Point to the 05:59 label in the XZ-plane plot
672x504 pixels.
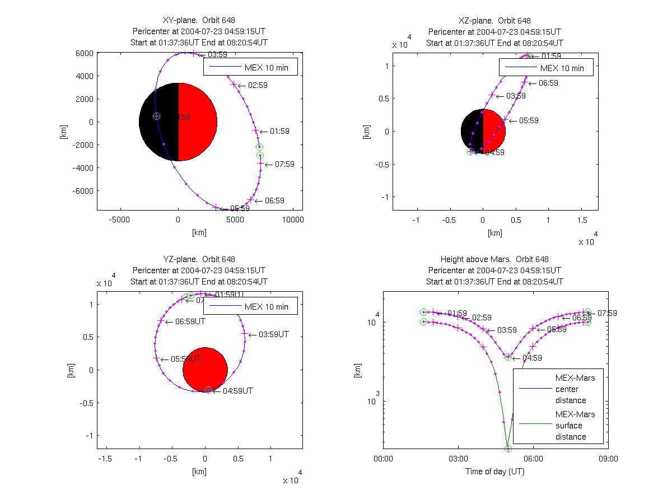tap(528, 120)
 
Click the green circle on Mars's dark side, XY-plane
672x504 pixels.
tap(156, 116)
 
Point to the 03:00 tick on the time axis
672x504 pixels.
tap(458, 459)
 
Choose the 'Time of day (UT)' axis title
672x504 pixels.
tap(495, 472)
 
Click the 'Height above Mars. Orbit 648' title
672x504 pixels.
tap(495, 259)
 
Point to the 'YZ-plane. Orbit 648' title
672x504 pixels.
tap(199, 259)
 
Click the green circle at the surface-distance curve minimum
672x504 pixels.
tap(508, 449)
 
